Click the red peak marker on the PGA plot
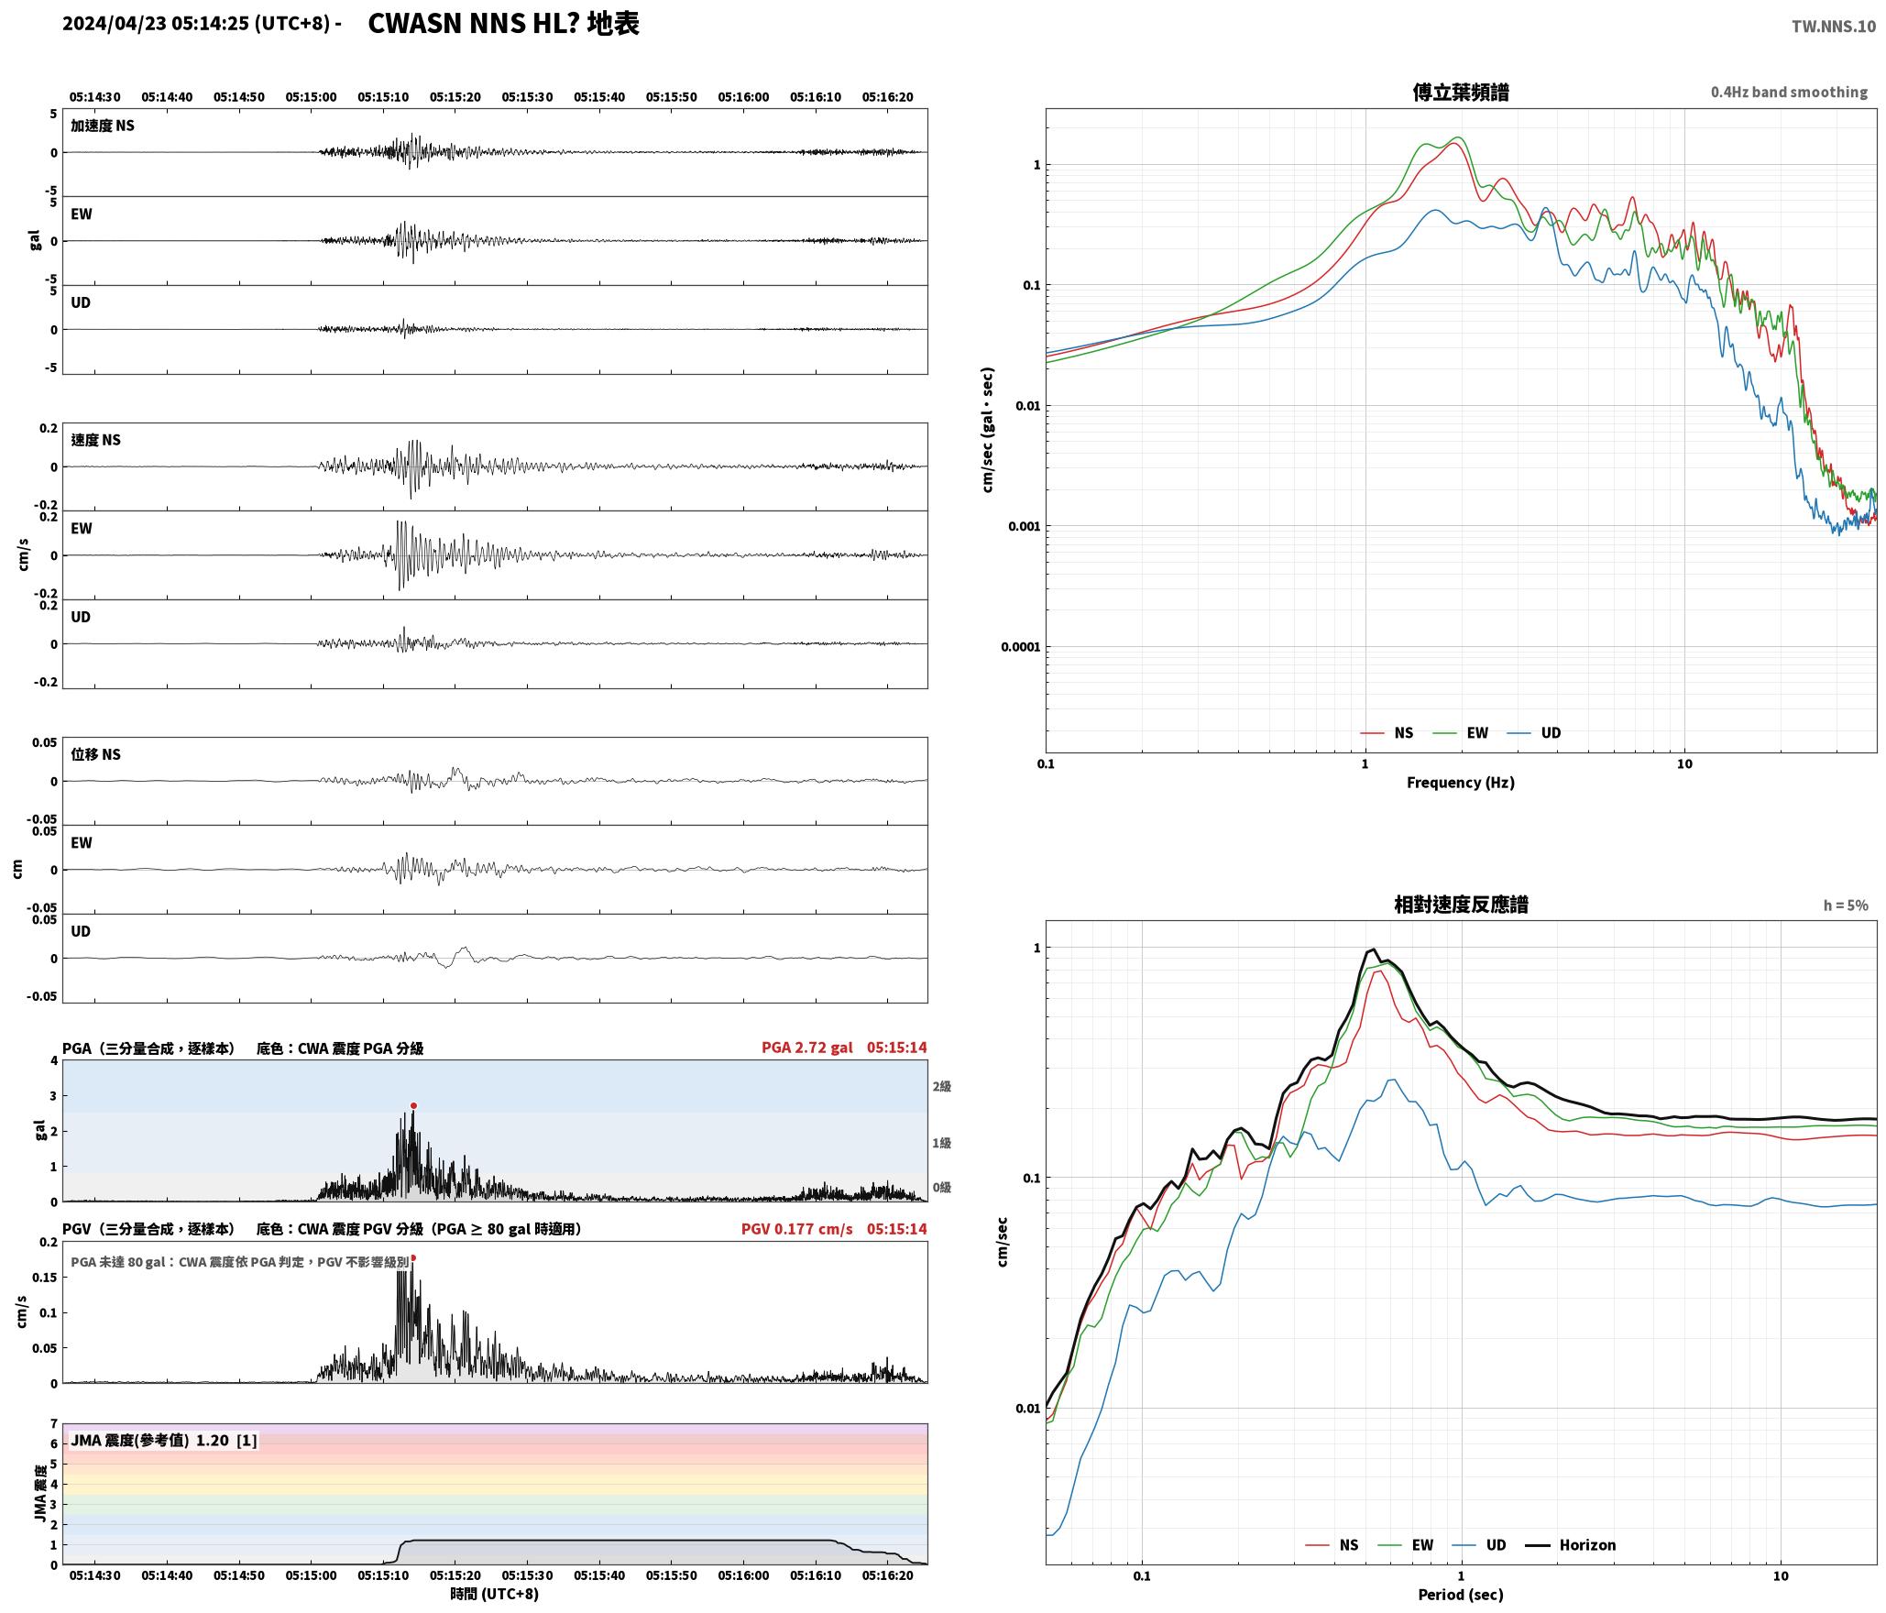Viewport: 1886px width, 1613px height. pyautogui.click(x=413, y=1106)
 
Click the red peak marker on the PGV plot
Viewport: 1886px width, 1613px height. pyautogui.click(x=413, y=1258)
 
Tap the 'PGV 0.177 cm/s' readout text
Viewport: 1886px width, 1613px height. pyautogui.click(x=796, y=1229)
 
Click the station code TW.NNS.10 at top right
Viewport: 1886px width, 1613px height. pyautogui.click(x=1834, y=27)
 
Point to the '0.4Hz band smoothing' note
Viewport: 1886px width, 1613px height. pyautogui.click(x=1789, y=93)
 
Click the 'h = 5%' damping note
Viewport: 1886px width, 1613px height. pyautogui.click(x=1846, y=905)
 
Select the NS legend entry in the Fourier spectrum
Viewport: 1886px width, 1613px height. pyautogui.click(x=1387, y=733)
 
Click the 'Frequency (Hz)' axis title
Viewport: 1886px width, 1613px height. pyautogui.click(x=1461, y=783)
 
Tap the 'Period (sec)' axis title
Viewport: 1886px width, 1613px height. pyautogui.click(x=1461, y=1595)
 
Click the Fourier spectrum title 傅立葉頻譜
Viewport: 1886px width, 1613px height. pyautogui.click(x=1461, y=93)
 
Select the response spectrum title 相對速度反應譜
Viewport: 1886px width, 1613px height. pyautogui.click(x=1461, y=905)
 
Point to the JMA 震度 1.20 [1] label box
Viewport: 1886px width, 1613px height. pyautogui.click(x=163, y=1441)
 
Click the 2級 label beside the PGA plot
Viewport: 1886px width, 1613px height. pyautogui.click(x=941, y=1087)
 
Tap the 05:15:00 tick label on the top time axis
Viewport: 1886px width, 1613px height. pyautogui.click(x=311, y=97)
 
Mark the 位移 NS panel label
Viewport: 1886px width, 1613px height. pyautogui.click(x=95, y=754)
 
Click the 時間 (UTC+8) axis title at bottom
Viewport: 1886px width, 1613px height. pyautogui.click(x=494, y=1594)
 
